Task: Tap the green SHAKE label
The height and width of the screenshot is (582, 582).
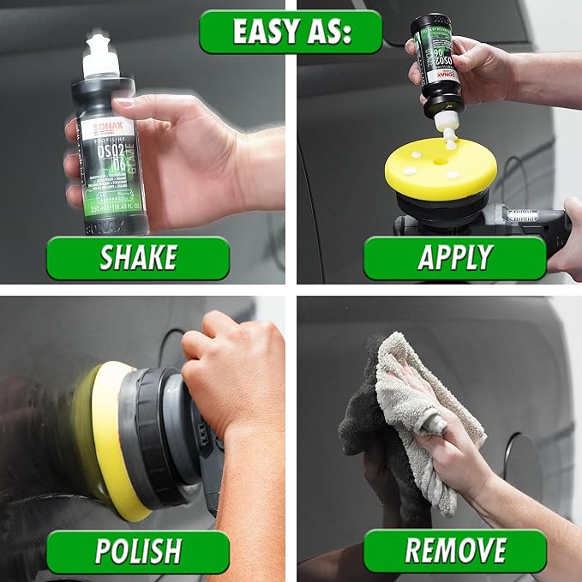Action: click(x=137, y=258)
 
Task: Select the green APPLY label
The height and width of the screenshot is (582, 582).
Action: click(x=454, y=258)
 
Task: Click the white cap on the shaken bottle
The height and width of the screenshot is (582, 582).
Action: click(x=102, y=57)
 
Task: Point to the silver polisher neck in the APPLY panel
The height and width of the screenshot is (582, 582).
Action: click(x=522, y=215)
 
